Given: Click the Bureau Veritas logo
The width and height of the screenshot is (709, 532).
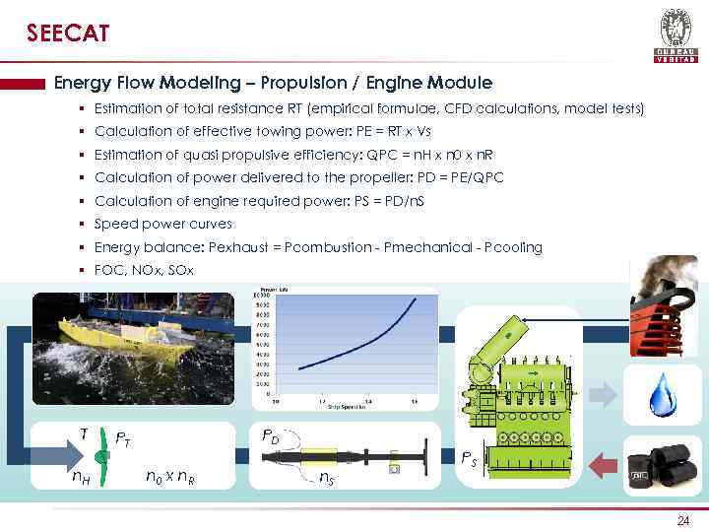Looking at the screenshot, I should [x=676, y=34].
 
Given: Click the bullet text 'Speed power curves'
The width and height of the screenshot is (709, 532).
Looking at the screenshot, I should [x=163, y=224].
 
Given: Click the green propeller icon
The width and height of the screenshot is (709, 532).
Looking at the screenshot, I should [x=98, y=457].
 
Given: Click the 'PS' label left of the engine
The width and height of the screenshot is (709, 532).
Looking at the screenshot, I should [x=472, y=458].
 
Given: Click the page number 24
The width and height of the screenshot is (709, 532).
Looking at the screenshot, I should [x=683, y=520].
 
